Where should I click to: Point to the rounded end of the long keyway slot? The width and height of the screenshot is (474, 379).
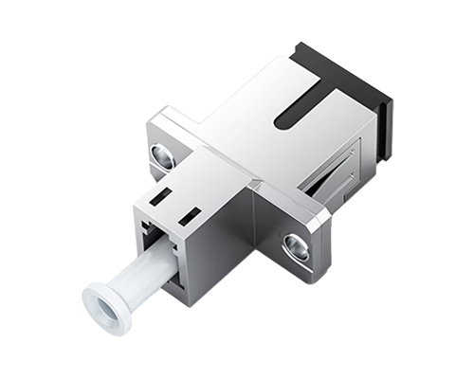[281, 120]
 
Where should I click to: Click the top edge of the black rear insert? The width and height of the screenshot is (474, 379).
[341, 57]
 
